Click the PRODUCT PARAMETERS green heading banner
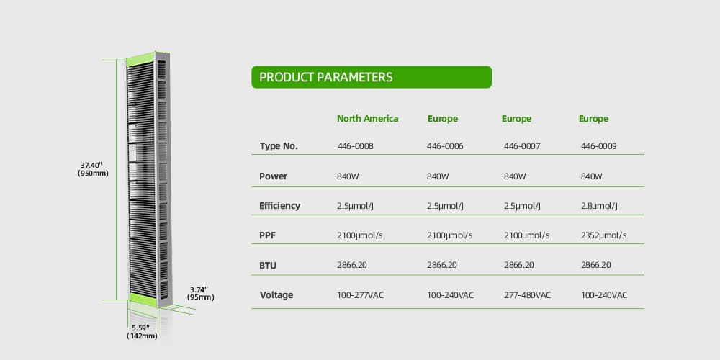[x=372, y=77]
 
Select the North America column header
[x=367, y=119]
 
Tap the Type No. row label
[x=279, y=146]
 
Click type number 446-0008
[x=356, y=146]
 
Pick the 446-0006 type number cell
[x=445, y=146]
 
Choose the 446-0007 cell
[x=522, y=146]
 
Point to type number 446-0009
[x=599, y=146]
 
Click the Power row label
[x=273, y=176]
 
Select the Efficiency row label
[x=279, y=206]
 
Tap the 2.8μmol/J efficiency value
[x=599, y=206]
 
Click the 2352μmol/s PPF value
[x=603, y=235]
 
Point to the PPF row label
[x=267, y=235]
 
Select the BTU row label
[x=268, y=266]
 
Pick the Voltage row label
[x=276, y=294]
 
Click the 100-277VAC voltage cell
[x=360, y=294]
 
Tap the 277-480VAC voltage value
[x=527, y=294]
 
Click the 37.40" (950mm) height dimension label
[x=93, y=169]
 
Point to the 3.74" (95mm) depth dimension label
[x=201, y=293]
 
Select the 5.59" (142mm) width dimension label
[x=142, y=332]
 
